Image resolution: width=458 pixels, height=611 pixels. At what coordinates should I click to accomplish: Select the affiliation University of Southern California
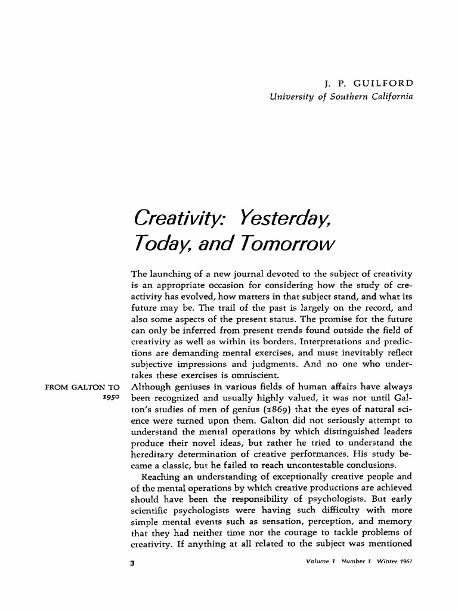(x=341, y=96)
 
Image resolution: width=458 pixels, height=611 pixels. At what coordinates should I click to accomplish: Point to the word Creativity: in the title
(x=180, y=217)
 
